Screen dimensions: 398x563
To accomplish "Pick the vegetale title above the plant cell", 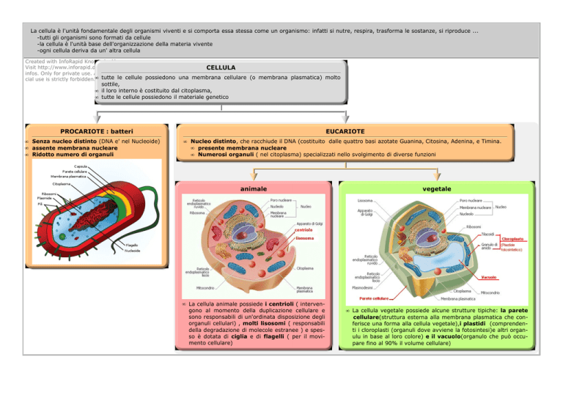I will (x=438, y=188).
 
